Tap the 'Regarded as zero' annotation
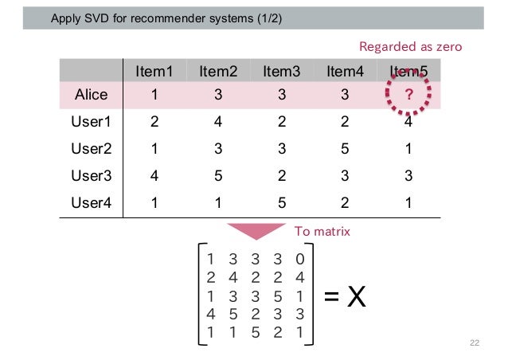click(410, 47)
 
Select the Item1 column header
click(154, 72)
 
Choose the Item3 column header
click(281, 72)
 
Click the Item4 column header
click(345, 72)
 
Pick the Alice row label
click(91, 96)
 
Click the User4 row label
click(90, 202)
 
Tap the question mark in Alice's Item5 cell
click(408, 96)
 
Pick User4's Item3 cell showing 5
click(281, 202)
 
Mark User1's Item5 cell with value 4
click(408, 123)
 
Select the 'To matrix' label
click(322, 232)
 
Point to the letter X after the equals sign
click(357, 298)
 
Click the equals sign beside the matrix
click(333, 299)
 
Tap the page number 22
click(475, 342)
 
